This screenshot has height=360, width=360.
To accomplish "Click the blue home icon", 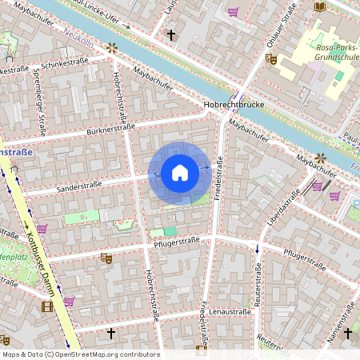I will tap(180, 173).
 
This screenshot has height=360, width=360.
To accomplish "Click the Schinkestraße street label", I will tap(63, 63).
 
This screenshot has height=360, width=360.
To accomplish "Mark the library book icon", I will tap(320, 7).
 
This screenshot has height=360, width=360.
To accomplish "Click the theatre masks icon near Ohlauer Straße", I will tap(271, 58).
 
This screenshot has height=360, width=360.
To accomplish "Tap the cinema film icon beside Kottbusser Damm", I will tap(47, 306).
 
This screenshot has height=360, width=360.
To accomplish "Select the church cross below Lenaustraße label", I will tap(111, 331).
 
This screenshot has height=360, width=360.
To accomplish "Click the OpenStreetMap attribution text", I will tap(80, 354).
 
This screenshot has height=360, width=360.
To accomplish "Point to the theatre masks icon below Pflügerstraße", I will tap(106, 258).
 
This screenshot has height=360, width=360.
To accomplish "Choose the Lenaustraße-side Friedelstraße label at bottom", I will tap(205, 320).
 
